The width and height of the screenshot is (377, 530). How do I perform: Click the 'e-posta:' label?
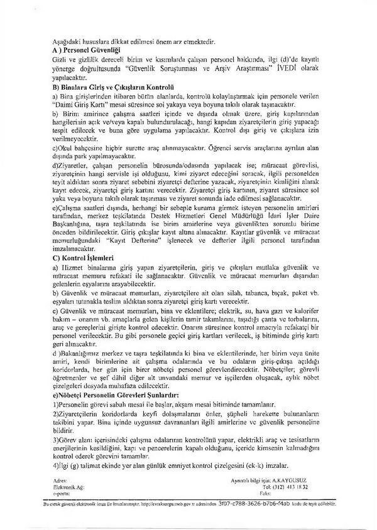[63, 493]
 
